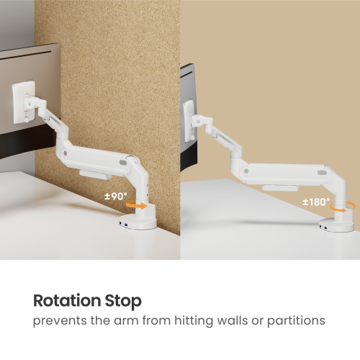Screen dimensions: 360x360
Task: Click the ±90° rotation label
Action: [116, 195]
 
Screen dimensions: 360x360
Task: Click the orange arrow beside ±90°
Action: [134, 205]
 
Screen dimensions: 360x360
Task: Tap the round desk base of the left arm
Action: [137, 219]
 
